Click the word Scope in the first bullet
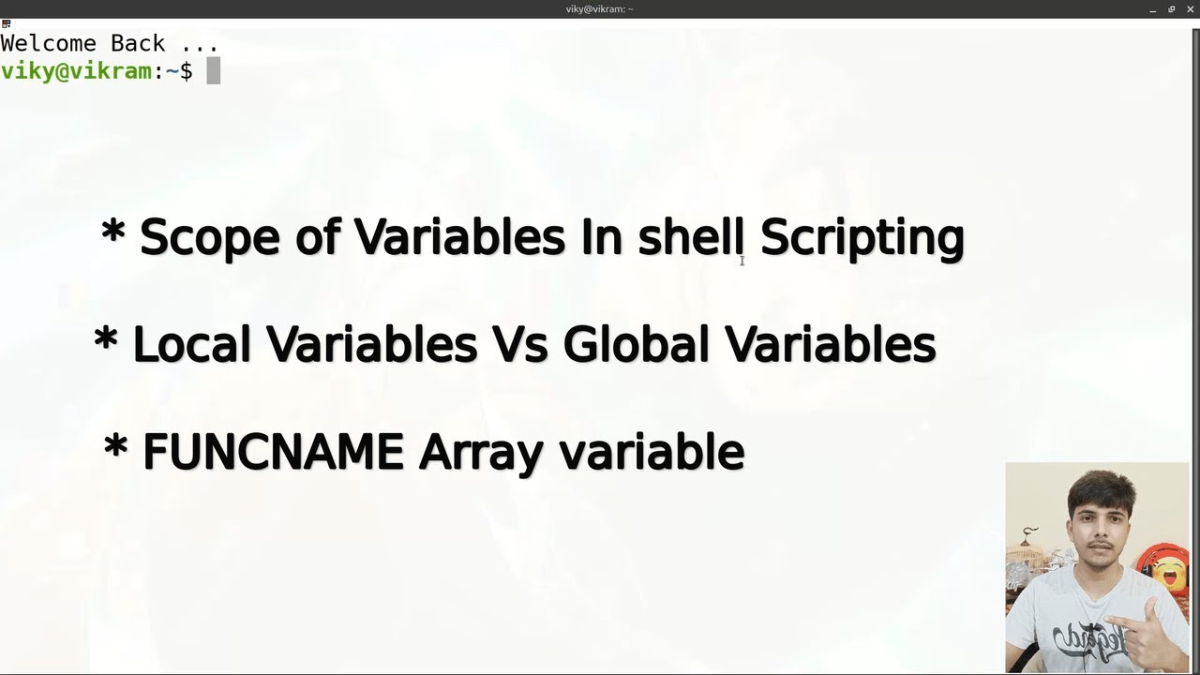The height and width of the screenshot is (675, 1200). pyautogui.click(x=209, y=237)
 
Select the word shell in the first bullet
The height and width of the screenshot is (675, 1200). pyautogui.click(x=692, y=237)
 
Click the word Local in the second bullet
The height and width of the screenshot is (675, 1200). pyautogui.click(x=192, y=344)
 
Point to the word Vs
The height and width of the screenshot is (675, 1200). pyautogui.click(x=518, y=344)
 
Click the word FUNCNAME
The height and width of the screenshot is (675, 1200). pyautogui.click(x=273, y=452)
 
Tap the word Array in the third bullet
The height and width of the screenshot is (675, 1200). pyautogui.click(x=480, y=454)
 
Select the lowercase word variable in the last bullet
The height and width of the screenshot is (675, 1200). pyautogui.click(x=652, y=452)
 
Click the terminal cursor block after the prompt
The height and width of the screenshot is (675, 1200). pyautogui.click(x=214, y=71)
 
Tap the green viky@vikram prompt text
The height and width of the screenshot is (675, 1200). pyautogui.click(x=76, y=71)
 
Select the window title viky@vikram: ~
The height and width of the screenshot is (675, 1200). pyautogui.click(x=599, y=8)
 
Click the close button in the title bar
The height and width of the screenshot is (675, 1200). pyautogui.click(x=1190, y=8)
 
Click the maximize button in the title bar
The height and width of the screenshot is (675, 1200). pyautogui.click(x=1171, y=8)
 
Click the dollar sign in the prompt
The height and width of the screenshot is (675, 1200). pyautogui.click(x=186, y=71)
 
